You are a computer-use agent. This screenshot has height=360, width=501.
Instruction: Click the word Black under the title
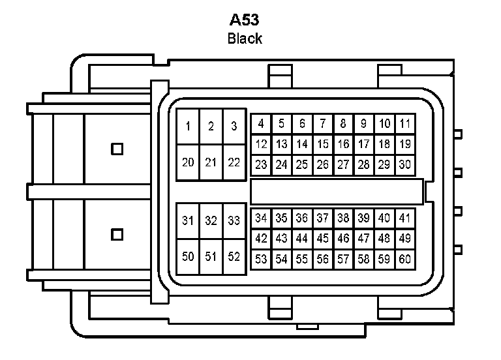245,38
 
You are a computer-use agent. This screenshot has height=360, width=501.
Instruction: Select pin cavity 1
188,127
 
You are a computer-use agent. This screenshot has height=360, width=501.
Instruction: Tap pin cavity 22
234,162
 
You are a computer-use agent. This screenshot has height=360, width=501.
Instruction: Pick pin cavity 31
188,221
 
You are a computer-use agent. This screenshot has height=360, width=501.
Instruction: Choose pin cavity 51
211,256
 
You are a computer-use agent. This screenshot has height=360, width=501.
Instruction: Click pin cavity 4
261,123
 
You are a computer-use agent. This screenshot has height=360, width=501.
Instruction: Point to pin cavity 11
405,123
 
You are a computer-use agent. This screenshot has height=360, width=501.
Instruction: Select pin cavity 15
323,144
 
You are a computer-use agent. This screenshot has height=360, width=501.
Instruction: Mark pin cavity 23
261,165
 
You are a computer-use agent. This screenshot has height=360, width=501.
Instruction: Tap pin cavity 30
405,165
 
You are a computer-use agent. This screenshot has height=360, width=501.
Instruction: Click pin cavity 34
261,218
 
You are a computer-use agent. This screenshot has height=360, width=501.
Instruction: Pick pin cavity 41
405,218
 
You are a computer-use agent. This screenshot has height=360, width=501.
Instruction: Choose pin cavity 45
323,239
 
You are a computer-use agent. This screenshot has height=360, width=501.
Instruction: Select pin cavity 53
261,260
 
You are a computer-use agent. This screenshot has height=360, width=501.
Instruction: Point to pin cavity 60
405,260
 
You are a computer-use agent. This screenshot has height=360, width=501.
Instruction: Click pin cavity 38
343,218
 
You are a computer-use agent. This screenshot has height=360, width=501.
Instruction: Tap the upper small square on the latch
117,149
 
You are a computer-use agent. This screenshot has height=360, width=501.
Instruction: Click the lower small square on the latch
117,233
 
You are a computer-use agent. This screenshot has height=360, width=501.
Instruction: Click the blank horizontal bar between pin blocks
337,191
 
